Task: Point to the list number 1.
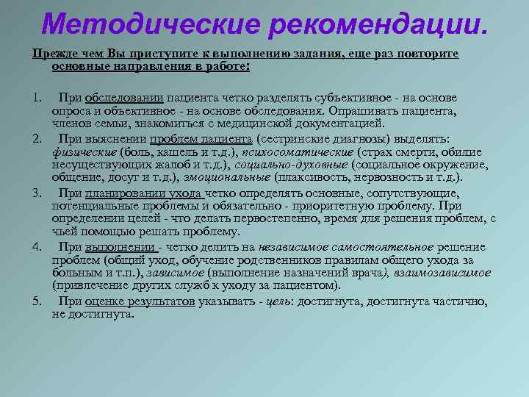[x=36, y=98]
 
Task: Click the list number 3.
[x=36, y=193]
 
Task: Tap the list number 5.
[x=36, y=301]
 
